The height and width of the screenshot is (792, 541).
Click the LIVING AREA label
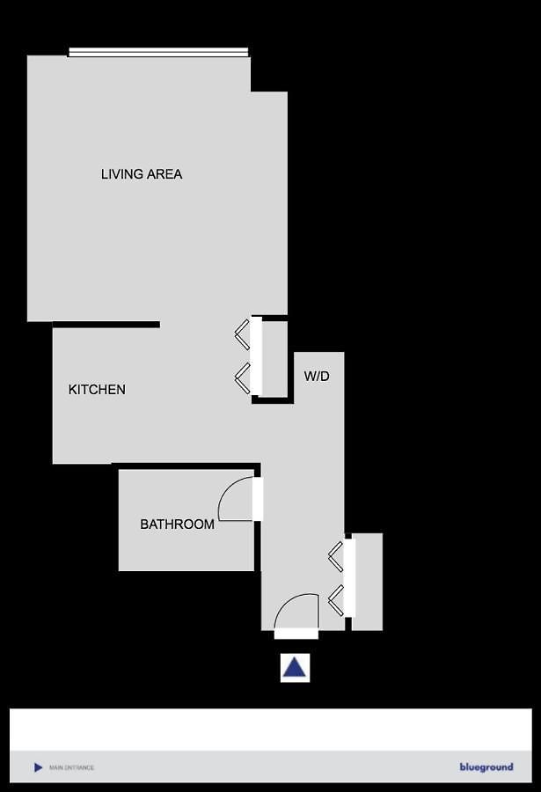142,174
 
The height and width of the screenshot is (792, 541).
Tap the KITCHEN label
97,390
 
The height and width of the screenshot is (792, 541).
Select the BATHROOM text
178,524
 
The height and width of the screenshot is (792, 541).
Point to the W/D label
317,376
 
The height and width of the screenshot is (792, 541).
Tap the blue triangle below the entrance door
295,668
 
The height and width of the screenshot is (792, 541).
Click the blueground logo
486,767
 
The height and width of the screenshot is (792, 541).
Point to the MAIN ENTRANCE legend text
72,767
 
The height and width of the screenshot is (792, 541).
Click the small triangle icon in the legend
38,767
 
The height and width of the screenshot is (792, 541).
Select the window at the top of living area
158,52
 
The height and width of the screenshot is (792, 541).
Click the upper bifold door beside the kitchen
243,334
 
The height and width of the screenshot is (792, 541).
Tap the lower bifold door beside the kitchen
243,378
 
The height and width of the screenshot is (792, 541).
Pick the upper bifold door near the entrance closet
336,556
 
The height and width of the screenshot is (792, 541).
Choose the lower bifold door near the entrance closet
336,600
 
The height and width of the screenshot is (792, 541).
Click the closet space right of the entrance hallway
367,582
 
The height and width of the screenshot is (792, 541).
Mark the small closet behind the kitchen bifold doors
274,359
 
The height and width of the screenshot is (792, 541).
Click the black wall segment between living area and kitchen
106,325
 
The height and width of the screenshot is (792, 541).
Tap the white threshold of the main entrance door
296,634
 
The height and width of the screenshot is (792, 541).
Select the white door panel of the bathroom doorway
258,499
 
